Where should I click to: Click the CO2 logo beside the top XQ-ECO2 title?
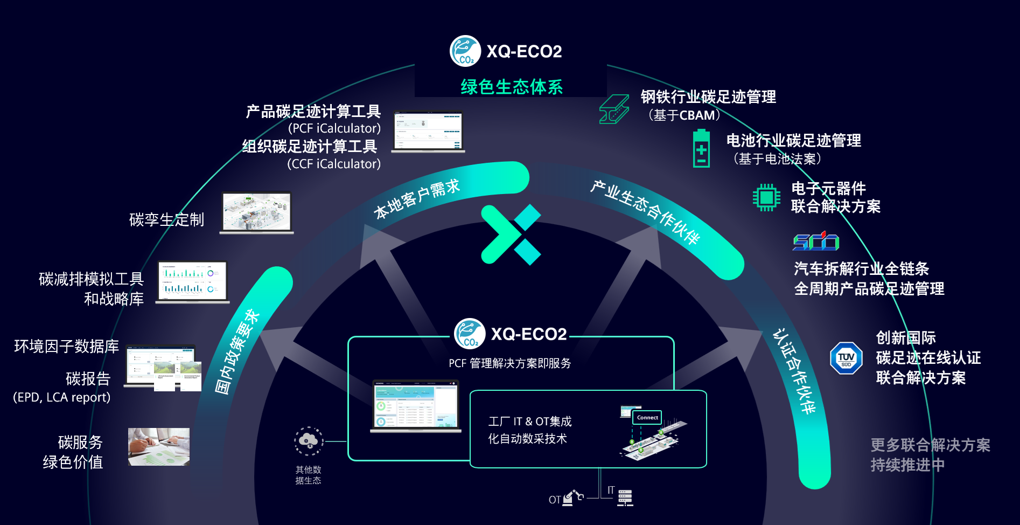pyautogui.click(x=465, y=51)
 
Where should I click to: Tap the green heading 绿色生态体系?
pyautogui.click(x=512, y=87)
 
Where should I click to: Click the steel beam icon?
pyautogui.click(x=614, y=109)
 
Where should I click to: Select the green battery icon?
pyautogui.click(x=701, y=148)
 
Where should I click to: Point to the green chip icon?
pyautogui.click(x=766, y=197)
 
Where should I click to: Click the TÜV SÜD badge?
pyautogui.click(x=846, y=358)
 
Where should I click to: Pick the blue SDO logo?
pyautogui.click(x=816, y=241)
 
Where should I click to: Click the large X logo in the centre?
pyautogui.click(x=511, y=234)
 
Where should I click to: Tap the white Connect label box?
pyautogui.click(x=647, y=418)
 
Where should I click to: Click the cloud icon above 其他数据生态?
pyautogui.click(x=309, y=441)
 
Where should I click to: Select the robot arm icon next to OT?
pyautogui.click(x=572, y=498)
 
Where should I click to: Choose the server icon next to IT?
pyautogui.click(x=625, y=498)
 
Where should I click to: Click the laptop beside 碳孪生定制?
pyautogui.click(x=257, y=213)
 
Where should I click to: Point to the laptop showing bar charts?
pyautogui.click(x=193, y=282)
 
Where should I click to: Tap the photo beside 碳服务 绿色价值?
pyautogui.click(x=159, y=447)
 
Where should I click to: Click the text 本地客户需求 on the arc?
pyautogui.click(x=417, y=199)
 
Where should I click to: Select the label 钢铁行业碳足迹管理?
pyautogui.click(x=708, y=97)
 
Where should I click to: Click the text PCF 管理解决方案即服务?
pyautogui.click(x=510, y=363)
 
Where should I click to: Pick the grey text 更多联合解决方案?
pyautogui.click(x=930, y=445)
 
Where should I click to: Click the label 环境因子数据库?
pyautogui.click(x=67, y=346)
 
